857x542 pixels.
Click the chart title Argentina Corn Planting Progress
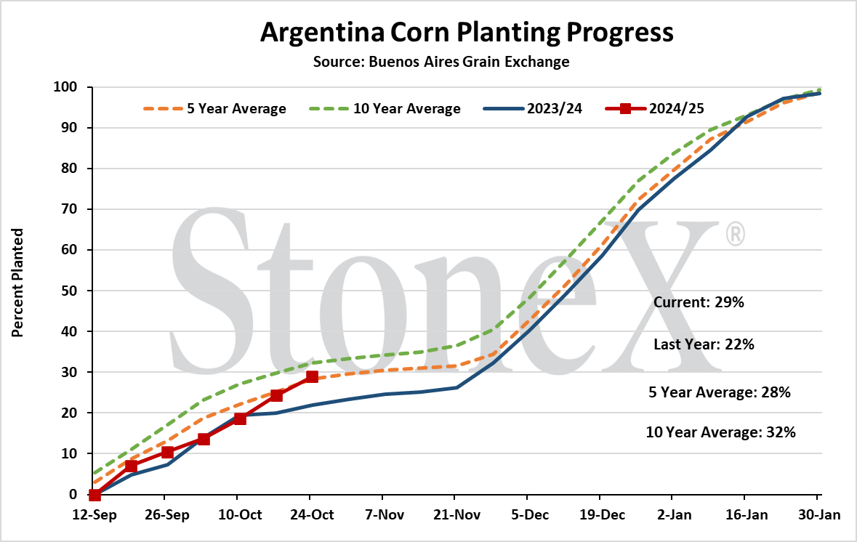click(467, 33)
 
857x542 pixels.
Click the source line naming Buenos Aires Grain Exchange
click(441, 62)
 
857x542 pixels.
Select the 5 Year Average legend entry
click(215, 109)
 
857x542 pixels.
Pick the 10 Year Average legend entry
click(385, 109)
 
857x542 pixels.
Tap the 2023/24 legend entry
click(533, 109)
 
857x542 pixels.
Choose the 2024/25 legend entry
click(655, 109)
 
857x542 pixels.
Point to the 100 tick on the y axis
click(65, 87)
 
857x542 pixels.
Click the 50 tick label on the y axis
click(69, 291)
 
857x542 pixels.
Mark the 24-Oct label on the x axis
click(312, 514)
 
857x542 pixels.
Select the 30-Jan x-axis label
click(818, 514)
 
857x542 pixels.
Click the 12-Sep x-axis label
click(94, 514)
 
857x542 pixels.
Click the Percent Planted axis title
click(18, 283)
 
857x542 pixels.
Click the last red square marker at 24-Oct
click(312, 376)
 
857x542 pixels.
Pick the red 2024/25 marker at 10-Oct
click(240, 418)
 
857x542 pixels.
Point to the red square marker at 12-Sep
click(94, 495)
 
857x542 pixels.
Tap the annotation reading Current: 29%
click(699, 303)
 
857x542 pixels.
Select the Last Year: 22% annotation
click(704, 344)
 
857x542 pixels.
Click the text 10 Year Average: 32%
click(721, 432)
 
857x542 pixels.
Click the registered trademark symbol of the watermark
click(735, 235)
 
